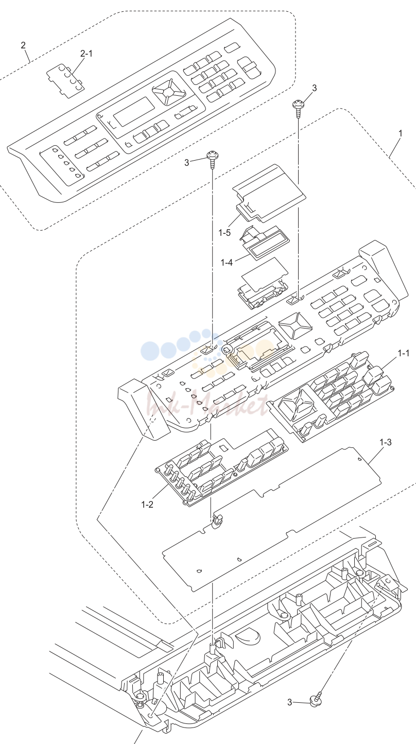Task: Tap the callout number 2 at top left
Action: click(x=23, y=45)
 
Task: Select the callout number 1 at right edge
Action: click(x=401, y=133)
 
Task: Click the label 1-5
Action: click(x=224, y=233)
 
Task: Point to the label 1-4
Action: click(x=227, y=263)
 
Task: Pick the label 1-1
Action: click(x=404, y=353)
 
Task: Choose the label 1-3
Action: click(x=386, y=442)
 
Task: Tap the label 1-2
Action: click(x=147, y=505)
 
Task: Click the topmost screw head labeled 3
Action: click(x=298, y=105)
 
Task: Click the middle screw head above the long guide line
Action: click(x=212, y=154)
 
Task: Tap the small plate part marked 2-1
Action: click(x=65, y=81)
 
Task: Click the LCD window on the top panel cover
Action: click(x=134, y=111)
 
